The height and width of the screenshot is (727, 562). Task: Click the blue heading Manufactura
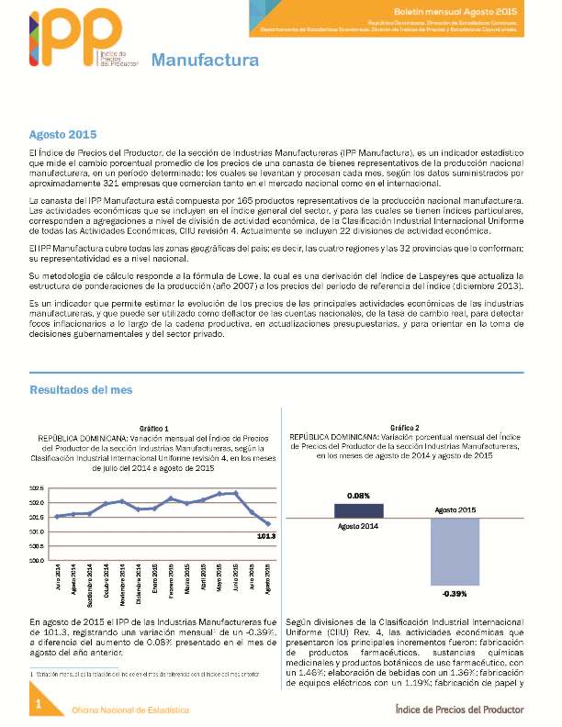tap(204, 62)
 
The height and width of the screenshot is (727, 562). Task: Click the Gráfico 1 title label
tap(153, 429)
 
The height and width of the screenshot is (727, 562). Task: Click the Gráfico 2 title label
tap(404, 428)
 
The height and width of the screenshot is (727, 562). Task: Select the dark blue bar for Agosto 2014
tap(359, 510)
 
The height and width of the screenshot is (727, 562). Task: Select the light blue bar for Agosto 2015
tap(455, 551)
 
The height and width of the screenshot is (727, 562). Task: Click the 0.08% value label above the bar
tap(359, 496)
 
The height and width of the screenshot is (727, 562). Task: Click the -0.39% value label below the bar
tap(455, 594)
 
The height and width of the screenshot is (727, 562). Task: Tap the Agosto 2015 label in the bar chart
tap(455, 509)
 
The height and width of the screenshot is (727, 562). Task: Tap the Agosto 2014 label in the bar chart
tap(359, 527)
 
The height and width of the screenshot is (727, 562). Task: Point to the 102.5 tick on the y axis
tap(37, 488)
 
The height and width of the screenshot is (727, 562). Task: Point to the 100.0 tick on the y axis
tap(37, 560)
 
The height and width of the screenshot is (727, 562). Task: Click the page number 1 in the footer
tap(38, 703)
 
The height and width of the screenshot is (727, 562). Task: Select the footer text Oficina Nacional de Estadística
tap(130, 710)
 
